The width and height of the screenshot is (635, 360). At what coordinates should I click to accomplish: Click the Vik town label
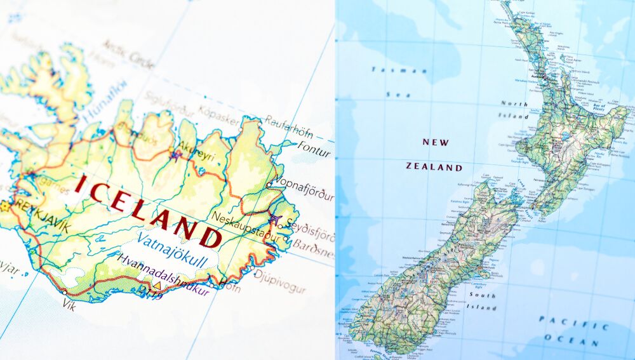(x=69, y=305)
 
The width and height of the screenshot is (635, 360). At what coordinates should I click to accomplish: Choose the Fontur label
(x=314, y=152)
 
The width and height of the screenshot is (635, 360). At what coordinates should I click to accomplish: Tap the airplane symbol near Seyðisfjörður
(x=275, y=218)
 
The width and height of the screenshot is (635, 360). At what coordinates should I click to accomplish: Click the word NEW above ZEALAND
(x=435, y=142)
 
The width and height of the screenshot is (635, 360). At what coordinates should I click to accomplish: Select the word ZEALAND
(x=434, y=167)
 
